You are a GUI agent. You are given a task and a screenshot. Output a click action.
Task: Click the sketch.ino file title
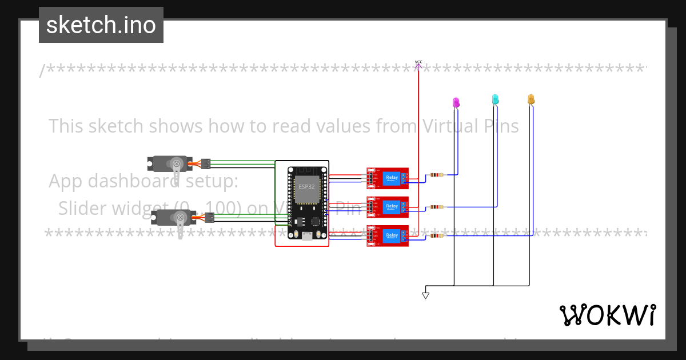101,25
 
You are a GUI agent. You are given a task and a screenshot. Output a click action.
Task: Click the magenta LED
456,103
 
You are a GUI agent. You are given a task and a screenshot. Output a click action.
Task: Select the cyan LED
495,100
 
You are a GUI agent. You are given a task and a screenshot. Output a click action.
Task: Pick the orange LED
531,100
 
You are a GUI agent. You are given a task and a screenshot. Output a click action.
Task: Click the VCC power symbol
418,63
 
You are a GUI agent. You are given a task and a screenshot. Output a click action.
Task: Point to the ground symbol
425,295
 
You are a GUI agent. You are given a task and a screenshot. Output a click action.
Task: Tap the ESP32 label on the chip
306,187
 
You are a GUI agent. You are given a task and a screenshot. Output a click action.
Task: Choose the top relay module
388,178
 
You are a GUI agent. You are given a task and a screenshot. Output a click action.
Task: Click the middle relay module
388,207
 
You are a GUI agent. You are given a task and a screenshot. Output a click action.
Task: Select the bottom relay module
388,235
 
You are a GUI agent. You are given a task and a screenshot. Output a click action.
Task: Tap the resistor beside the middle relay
437,207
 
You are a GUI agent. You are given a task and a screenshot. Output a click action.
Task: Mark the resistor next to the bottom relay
437,235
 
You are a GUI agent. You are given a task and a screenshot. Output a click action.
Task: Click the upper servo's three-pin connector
206,164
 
